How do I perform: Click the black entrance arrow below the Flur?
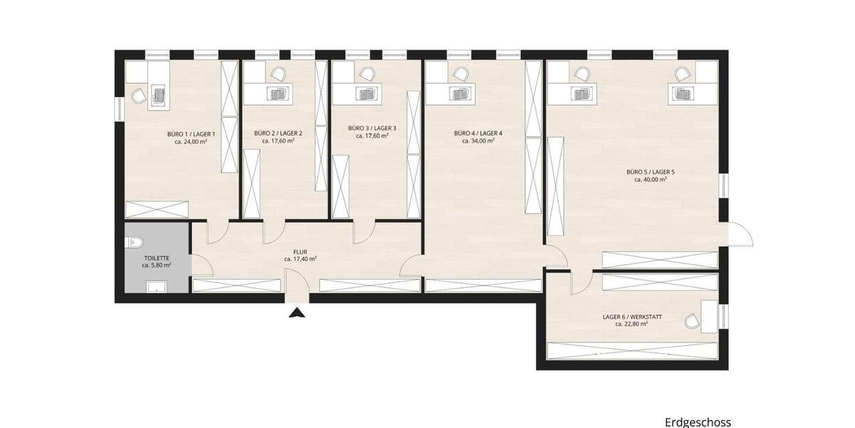coord(298,312)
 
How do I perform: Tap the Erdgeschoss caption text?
coord(698,422)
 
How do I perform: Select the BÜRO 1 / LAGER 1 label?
coord(191,133)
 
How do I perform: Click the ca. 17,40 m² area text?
coord(300,259)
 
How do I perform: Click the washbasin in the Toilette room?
coord(156,287)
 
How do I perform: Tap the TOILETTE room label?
coord(155,257)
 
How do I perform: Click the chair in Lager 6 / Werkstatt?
coord(691,322)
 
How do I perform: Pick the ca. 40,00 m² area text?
coord(650,180)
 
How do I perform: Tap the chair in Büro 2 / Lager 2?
coord(278,73)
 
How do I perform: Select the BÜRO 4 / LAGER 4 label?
coord(478,133)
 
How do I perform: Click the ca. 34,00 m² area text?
coord(478,141)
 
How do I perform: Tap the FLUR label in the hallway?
coord(300,251)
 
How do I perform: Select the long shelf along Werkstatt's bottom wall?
coord(631,351)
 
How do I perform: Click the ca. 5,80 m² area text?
coord(155,265)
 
